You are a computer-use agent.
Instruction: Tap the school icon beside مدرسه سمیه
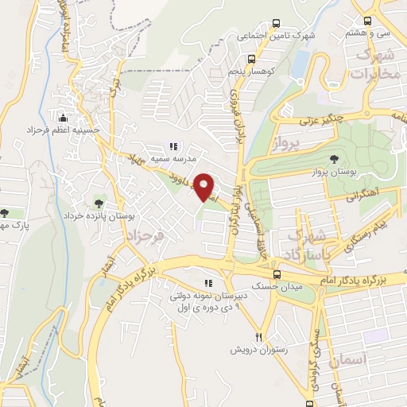coord(173,145)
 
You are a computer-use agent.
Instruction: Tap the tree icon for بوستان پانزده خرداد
coord(99,203)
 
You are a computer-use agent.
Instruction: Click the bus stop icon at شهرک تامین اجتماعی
coord(276,24)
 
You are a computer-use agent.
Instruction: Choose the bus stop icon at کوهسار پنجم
coord(251,58)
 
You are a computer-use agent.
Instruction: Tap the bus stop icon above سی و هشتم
coord(366,21)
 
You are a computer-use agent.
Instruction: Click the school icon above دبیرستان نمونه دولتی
coord(208,283)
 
